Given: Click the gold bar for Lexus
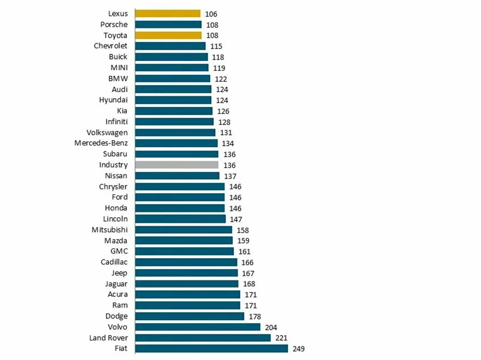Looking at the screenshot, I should coord(167,14).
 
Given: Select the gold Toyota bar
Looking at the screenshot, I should coord(168,35).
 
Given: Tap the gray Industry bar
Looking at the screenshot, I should coord(176,165).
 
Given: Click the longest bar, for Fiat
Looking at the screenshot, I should coord(212,348).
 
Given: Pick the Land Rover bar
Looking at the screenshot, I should coord(203,338).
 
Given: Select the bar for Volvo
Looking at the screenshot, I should coord(197,327).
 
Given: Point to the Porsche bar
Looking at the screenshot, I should coord(168,24).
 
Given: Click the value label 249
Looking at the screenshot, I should coord(298,349).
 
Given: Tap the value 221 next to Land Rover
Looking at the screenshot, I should coord(281,338).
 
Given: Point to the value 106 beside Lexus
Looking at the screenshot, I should coord(211,14).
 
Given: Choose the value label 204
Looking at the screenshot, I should coord(271,328).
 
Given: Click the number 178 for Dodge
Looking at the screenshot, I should coord(255,316).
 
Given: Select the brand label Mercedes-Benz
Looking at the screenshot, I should coord(101,143).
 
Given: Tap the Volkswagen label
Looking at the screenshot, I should coord(107,133).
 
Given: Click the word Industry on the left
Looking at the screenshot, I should coord(113,165).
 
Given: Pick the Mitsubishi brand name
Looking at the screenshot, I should coord(110,230).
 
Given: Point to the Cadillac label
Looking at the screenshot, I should coord(114,262).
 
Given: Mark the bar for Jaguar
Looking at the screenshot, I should coord(187,284).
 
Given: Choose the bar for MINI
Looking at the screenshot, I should coord(171,68).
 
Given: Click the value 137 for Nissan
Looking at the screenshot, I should coord(230,176).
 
